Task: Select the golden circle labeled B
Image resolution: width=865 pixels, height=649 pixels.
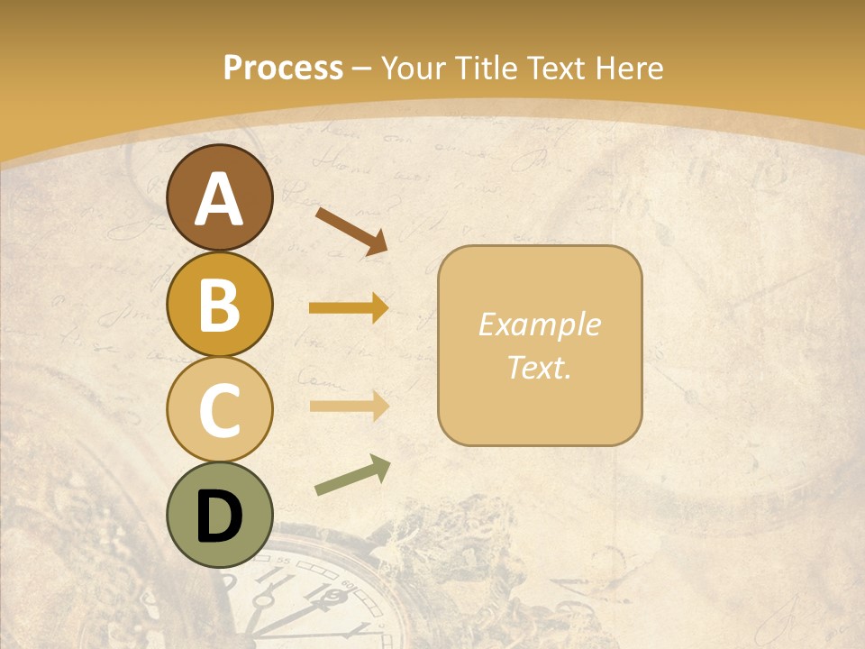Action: click(220, 303)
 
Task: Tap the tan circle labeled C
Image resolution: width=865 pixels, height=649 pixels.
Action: click(220, 409)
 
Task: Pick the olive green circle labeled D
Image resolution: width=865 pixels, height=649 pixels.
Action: click(220, 516)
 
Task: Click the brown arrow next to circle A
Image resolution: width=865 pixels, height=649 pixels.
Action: click(351, 229)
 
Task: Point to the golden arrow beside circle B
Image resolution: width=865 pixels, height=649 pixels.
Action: click(349, 308)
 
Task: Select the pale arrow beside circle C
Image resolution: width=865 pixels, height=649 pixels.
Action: click(349, 406)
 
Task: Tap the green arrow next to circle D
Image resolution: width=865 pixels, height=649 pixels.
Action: click(351, 476)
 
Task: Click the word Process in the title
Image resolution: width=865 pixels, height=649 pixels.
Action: click(283, 68)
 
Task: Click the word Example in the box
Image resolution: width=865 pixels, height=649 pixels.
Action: click(540, 324)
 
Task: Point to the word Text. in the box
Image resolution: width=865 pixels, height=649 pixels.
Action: click(540, 367)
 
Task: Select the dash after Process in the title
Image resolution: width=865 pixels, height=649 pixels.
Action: click(362, 69)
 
